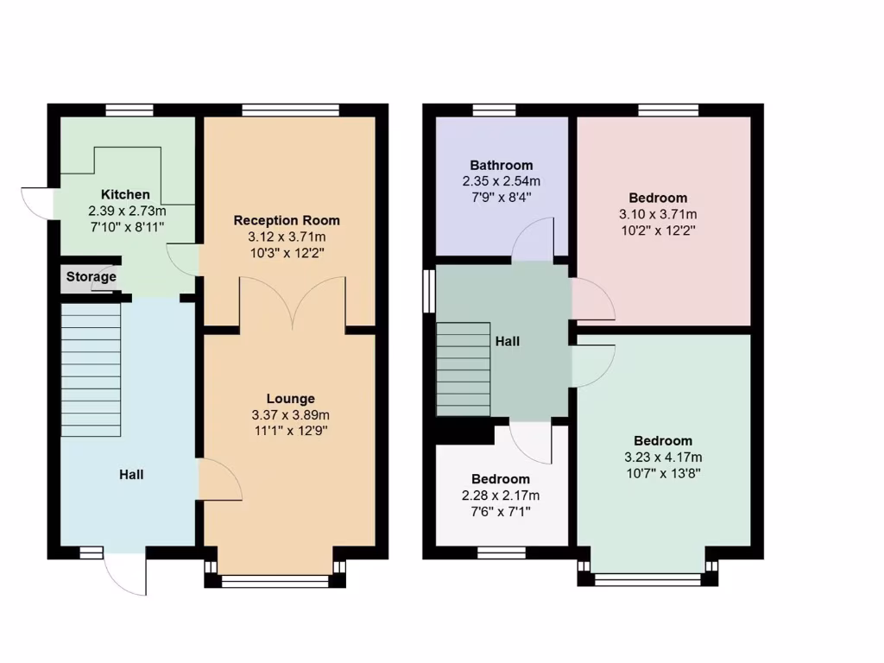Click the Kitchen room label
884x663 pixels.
tap(125, 194)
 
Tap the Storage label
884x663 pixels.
tap(92, 277)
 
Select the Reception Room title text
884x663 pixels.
tap(287, 220)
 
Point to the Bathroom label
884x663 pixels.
tap(501, 165)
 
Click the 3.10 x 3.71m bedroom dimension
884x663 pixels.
tap(657, 214)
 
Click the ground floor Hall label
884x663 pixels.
tap(131, 474)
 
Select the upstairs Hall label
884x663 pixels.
tap(508, 341)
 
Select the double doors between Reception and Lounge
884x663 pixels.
tap(293, 302)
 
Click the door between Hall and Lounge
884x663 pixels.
tap(218, 480)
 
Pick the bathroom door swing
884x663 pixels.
tap(535, 238)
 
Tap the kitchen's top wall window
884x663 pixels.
tap(129, 110)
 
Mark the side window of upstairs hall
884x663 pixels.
tap(427, 288)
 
